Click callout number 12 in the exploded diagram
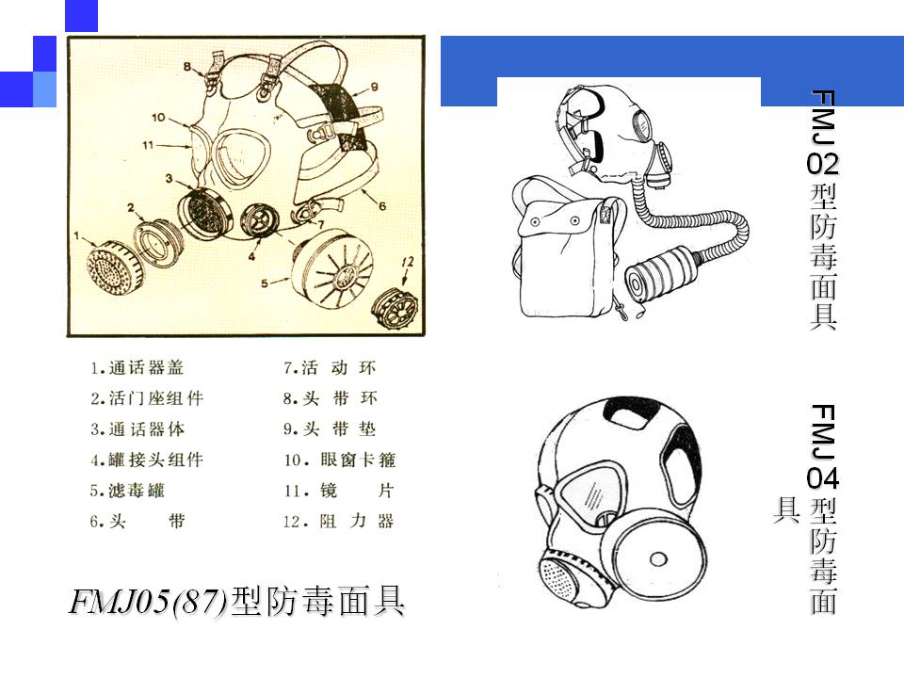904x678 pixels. [407, 263]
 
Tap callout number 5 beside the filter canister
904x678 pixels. [264, 283]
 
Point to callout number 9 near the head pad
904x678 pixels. [374, 87]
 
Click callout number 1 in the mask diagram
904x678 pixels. [76, 235]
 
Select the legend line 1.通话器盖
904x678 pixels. [137, 368]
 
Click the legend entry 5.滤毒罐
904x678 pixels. [127, 491]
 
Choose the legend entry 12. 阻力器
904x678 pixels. [339, 522]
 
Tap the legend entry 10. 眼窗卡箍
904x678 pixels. [340, 460]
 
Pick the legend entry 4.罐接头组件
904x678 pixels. [147, 460]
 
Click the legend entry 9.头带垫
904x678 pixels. [330, 429]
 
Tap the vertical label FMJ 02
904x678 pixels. [823, 133]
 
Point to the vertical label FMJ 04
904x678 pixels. [823, 446]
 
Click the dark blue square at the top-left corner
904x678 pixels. [81, 16]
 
